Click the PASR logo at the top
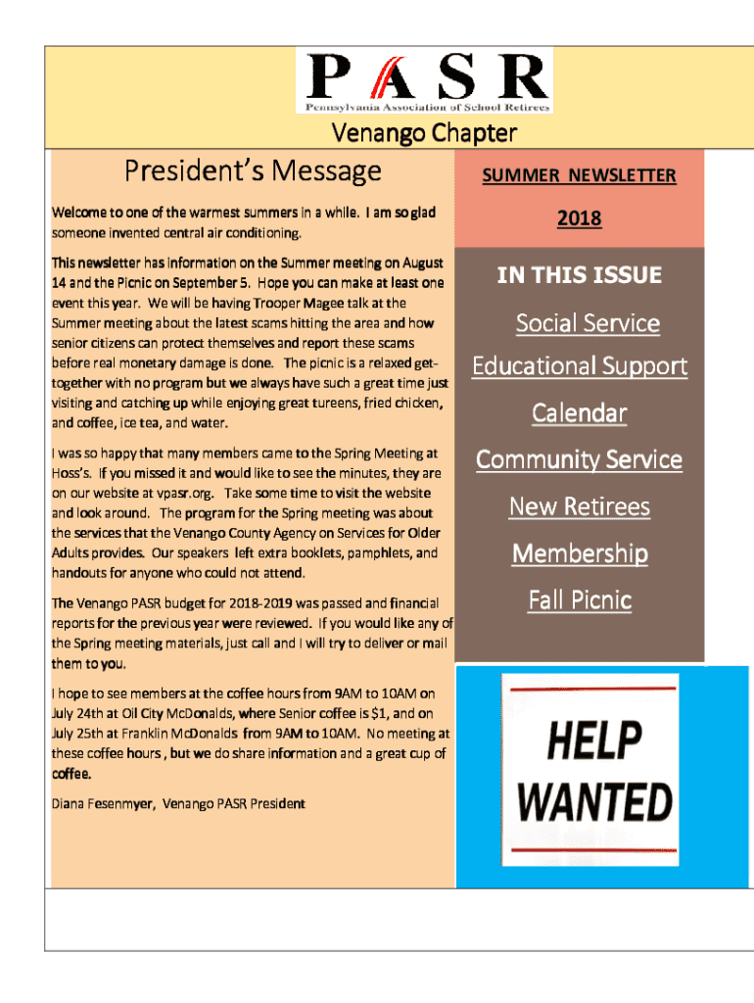[x=425, y=80]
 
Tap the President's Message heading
[x=252, y=171]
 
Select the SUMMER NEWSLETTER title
[x=579, y=175]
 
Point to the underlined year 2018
[x=579, y=219]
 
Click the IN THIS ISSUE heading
[x=579, y=275]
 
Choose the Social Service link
[x=588, y=323]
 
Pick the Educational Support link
[x=579, y=366]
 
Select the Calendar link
[x=579, y=413]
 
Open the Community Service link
[x=579, y=459]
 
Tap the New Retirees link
[x=579, y=506]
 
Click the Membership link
[x=579, y=553]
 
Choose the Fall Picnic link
[x=579, y=599]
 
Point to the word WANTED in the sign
[x=594, y=801]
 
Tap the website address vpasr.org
[x=162, y=493]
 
